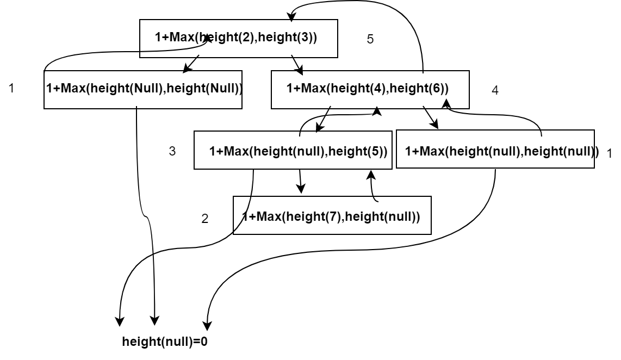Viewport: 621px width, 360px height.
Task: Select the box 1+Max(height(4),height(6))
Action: pos(370,89)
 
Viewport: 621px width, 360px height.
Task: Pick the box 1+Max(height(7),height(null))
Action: pos(332,216)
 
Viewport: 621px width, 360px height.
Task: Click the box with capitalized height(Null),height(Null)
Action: pos(142,89)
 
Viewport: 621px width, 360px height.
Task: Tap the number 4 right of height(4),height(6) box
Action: pos(494,91)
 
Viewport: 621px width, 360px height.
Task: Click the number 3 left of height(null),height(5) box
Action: pos(172,152)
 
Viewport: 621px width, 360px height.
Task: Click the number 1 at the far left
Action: pos(11,88)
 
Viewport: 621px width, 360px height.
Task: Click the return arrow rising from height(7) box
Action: pos(372,185)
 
